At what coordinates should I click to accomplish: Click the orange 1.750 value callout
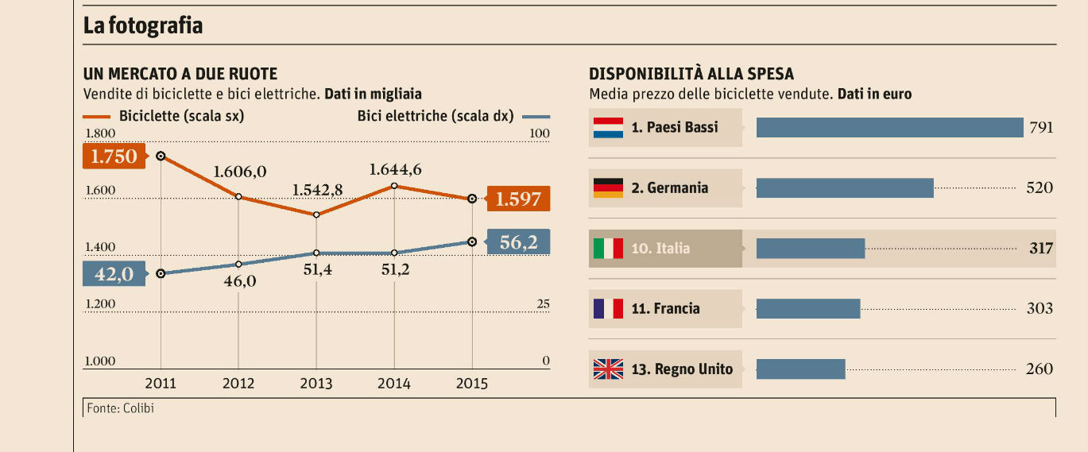pyautogui.click(x=114, y=156)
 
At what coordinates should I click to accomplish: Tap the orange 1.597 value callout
pyautogui.click(x=517, y=199)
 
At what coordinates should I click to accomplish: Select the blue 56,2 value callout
pyautogui.click(x=518, y=242)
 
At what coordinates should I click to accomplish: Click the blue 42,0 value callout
pyautogui.click(x=114, y=274)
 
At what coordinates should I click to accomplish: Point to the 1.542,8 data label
pyautogui.click(x=317, y=190)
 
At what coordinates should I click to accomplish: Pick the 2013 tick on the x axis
pyautogui.click(x=316, y=384)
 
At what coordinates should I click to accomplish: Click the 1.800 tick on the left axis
pyautogui.click(x=100, y=133)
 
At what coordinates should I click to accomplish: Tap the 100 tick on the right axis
pyautogui.click(x=540, y=133)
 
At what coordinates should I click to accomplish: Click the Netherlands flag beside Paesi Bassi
pyautogui.click(x=608, y=127)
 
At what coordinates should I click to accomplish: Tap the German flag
pyautogui.click(x=608, y=187)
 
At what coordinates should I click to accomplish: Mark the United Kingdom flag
pyautogui.click(x=608, y=369)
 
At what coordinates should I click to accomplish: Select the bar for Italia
pyautogui.click(x=810, y=248)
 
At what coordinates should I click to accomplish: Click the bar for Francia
pyautogui.click(x=807, y=308)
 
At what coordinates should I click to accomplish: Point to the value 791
pyautogui.click(x=1040, y=127)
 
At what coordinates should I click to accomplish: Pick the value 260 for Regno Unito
pyautogui.click(x=1040, y=369)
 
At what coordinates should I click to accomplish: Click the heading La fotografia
pyautogui.click(x=143, y=25)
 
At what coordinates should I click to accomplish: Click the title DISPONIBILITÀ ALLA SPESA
pyautogui.click(x=691, y=74)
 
